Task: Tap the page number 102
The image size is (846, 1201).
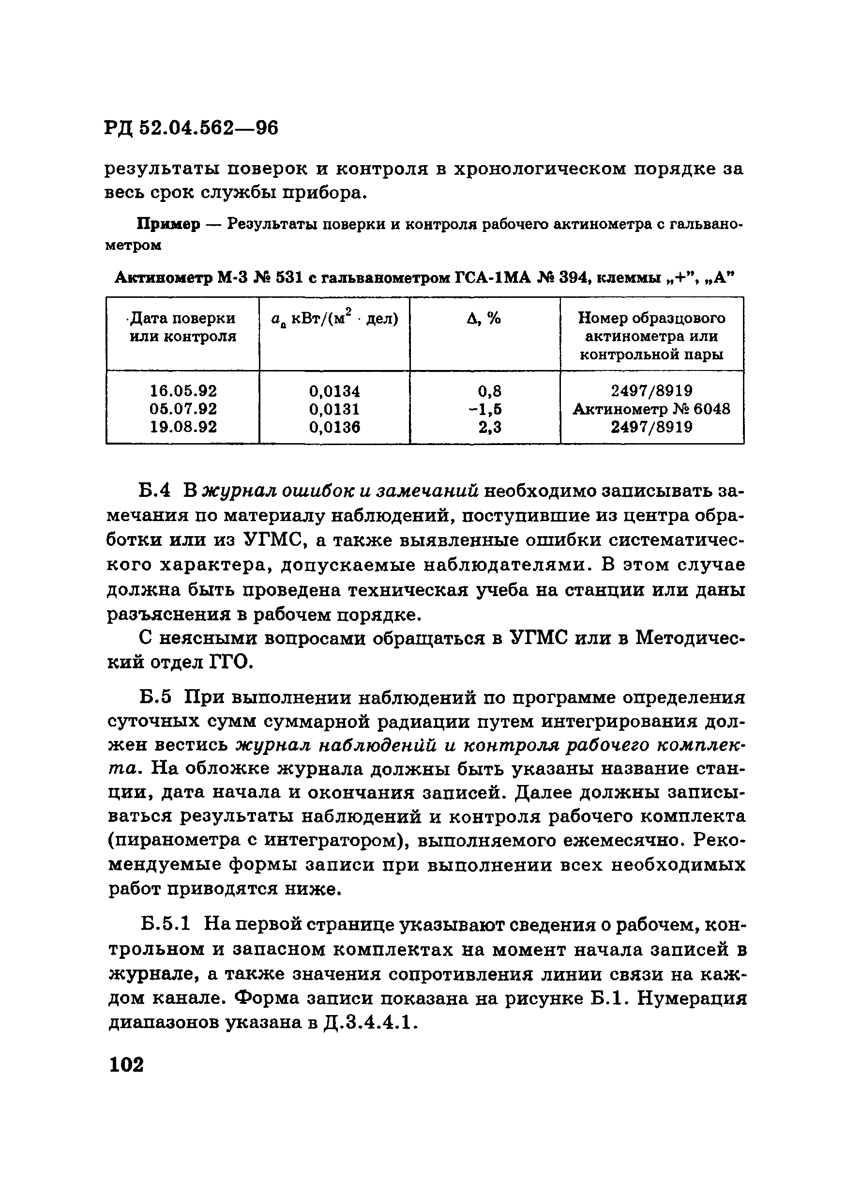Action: click(x=126, y=1064)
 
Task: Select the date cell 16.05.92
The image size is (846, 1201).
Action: click(x=183, y=391)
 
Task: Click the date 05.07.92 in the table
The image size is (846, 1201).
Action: click(x=183, y=409)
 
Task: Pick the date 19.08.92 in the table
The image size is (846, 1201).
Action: click(x=183, y=427)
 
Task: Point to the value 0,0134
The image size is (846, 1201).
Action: click(x=334, y=391)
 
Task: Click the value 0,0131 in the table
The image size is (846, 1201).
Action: click(x=334, y=409)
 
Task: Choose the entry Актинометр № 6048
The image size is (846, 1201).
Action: click(x=651, y=409)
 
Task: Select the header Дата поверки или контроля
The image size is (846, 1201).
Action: click(x=182, y=327)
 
